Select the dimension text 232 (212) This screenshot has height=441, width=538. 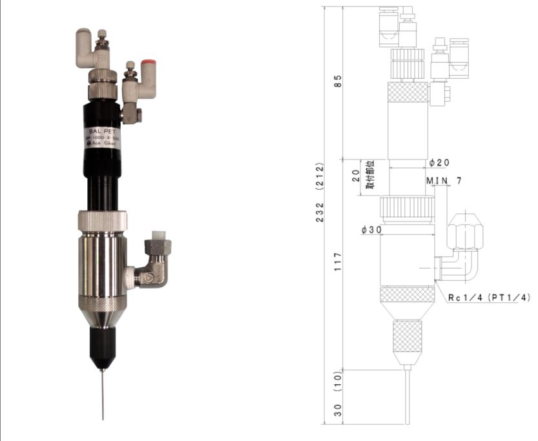pyautogui.click(x=321, y=192)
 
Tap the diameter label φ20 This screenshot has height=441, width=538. pyautogui.click(x=439, y=162)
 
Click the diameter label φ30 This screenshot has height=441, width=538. pyautogui.click(x=371, y=230)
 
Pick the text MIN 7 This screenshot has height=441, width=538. pyautogui.click(x=443, y=181)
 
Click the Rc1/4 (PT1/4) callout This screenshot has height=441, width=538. pyautogui.click(x=489, y=298)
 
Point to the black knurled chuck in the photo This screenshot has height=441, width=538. pyautogui.click(x=101, y=345)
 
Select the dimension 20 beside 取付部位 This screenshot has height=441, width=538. pyautogui.click(x=356, y=176)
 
